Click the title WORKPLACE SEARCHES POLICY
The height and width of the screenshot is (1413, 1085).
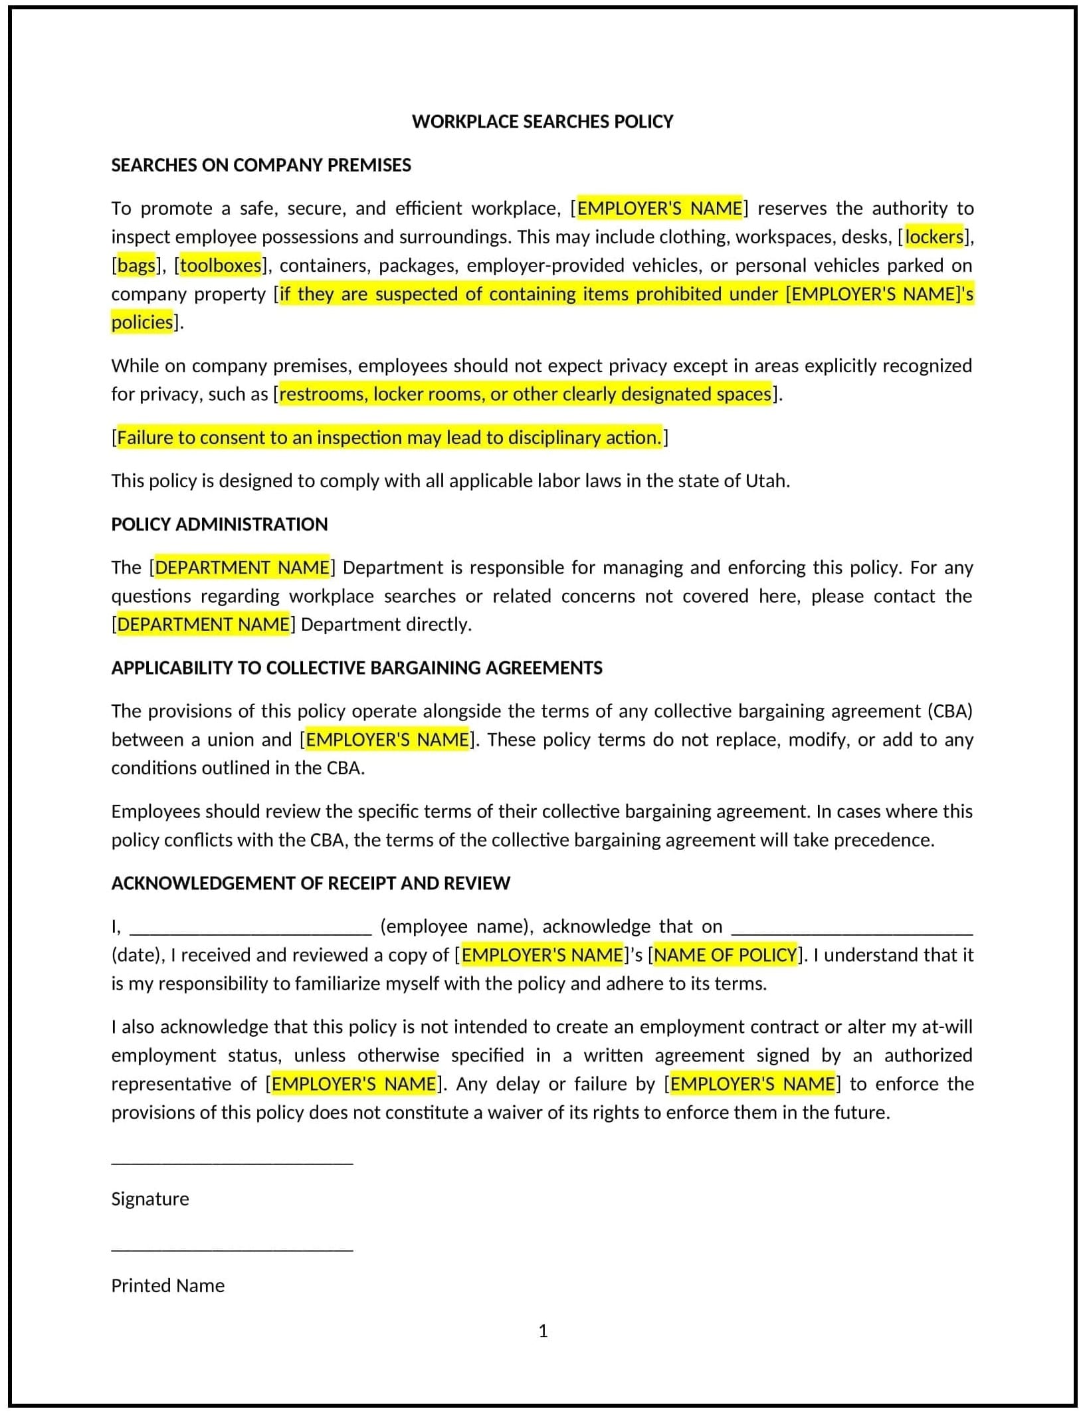[x=542, y=122]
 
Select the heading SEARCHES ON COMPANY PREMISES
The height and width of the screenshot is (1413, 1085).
[x=260, y=165]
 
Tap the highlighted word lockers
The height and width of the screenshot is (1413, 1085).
[x=934, y=237]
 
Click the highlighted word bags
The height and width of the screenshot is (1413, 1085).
[x=136, y=265]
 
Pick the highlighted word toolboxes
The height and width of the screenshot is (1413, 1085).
[x=221, y=265]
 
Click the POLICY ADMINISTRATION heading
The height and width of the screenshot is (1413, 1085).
[x=219, y=524]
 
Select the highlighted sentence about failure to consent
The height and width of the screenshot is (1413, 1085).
[x=389, y=437]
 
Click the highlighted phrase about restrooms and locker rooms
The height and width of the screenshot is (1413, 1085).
[x=525, y=394]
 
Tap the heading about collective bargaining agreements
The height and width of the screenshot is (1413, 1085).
[x=357, y=668]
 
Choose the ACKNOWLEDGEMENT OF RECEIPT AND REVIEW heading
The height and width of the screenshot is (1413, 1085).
[x=310, y=883]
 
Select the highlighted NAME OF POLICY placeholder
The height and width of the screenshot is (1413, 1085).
[x=725, y=955]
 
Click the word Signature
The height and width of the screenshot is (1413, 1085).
[x=150, y=1199]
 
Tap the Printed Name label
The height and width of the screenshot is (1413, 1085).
[x=167, y=1285]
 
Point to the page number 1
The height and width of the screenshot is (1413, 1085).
[x=543, y=1331]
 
